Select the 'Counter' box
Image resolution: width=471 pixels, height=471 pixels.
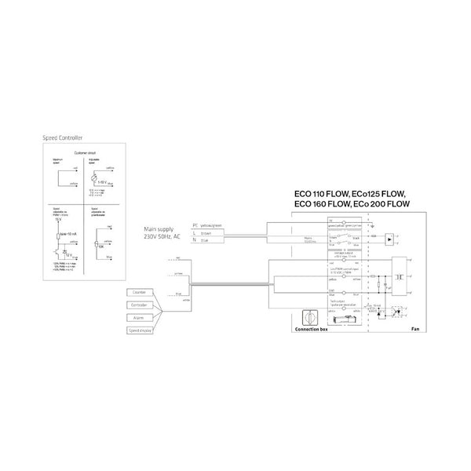143,293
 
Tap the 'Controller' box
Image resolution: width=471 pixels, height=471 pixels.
143,305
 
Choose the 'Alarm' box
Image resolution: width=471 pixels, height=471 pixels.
143,318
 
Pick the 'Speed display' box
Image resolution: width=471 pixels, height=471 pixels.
143,331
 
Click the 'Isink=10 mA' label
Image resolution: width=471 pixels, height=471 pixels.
65,233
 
